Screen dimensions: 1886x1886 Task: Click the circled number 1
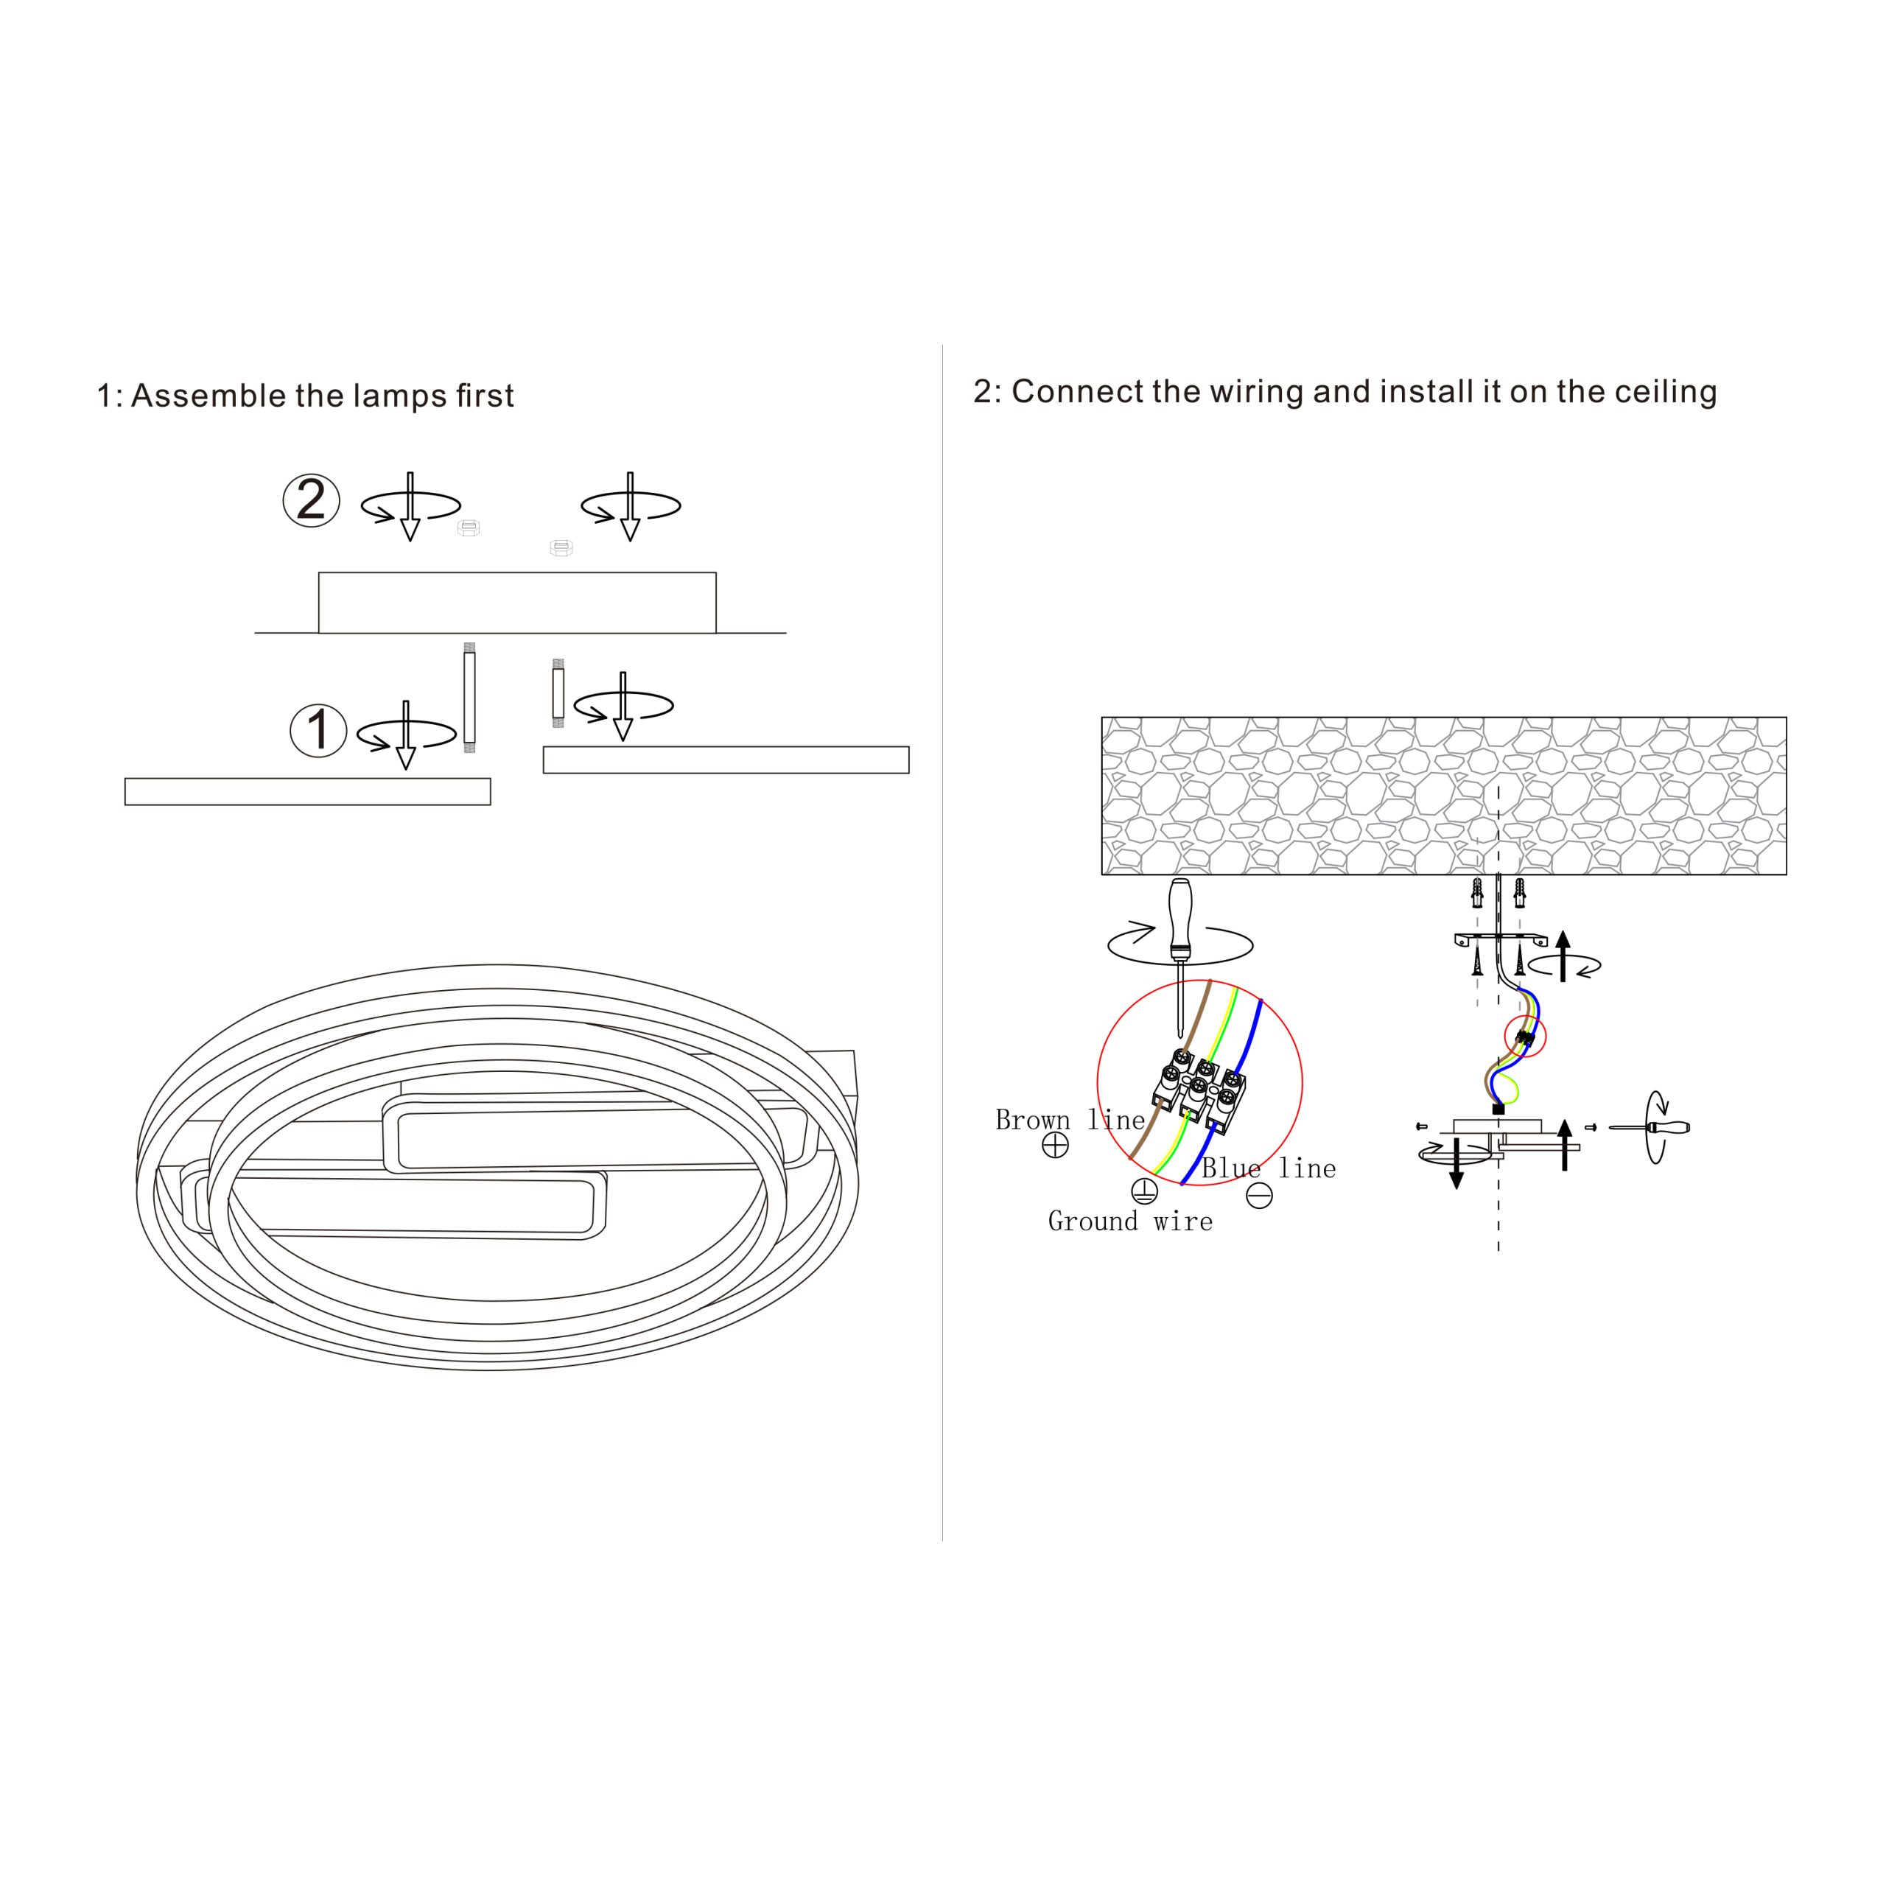tap(318, 730)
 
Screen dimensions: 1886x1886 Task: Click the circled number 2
tap(312, 501)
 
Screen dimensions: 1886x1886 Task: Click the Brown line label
tap(1070, 1120)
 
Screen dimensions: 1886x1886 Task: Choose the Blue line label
tap(1268, 1168)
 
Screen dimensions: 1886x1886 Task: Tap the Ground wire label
tap(1130, 1221)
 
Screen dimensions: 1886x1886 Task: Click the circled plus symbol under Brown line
tap(1055, 1145)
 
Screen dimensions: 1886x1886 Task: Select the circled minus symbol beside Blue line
tap(1259, 1195)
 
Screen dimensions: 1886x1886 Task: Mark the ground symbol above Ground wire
tap(1144, 1191)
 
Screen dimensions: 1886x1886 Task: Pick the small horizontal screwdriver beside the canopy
tap(1650, 1127)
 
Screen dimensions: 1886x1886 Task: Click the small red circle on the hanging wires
tap(1525, 1036)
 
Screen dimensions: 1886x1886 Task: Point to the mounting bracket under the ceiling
tap(1501, 941)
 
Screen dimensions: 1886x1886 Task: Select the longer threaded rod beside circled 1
tap(469, 697)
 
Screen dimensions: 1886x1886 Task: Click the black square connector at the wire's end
tap(1498, 1109)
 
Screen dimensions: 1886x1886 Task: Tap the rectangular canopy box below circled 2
tap(517, 603)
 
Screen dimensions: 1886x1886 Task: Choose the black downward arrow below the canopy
tap(1456, 1163)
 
